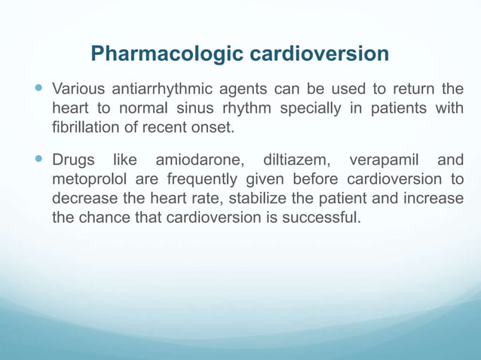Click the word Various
[78, 90]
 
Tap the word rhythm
[247, 108]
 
